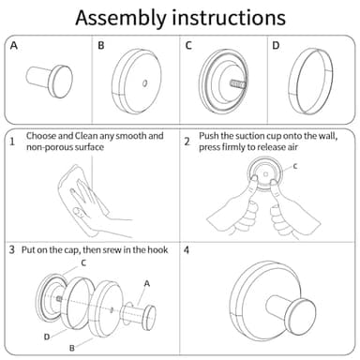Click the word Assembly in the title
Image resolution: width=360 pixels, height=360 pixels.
pos(121,19)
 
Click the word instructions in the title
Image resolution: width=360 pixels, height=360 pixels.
pos(229,18)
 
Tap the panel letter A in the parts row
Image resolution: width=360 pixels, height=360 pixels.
pos(14,46)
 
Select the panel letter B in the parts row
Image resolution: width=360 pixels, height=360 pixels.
pos(101,46)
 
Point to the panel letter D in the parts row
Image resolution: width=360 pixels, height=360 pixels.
pos(276,46)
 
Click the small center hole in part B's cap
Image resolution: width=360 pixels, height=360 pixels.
pos(144,83)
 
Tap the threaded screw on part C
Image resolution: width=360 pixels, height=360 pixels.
pos(238,83)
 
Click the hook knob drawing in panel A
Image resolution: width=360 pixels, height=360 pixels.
pos(50,82)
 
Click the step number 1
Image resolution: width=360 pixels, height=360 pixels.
pos(12,142)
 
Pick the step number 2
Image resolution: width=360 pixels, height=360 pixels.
pos(187,142)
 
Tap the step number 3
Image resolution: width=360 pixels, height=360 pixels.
pos(12,249)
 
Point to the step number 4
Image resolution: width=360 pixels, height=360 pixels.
pos(187,250)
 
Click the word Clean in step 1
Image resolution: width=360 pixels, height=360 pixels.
pos(86,136)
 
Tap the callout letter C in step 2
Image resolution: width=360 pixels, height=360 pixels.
pos(294,166)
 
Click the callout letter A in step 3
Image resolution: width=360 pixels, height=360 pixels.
pos(147,284)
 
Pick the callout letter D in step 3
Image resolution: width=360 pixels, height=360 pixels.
pos(47,337)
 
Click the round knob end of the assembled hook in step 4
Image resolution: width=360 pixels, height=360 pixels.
pos(299,314)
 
